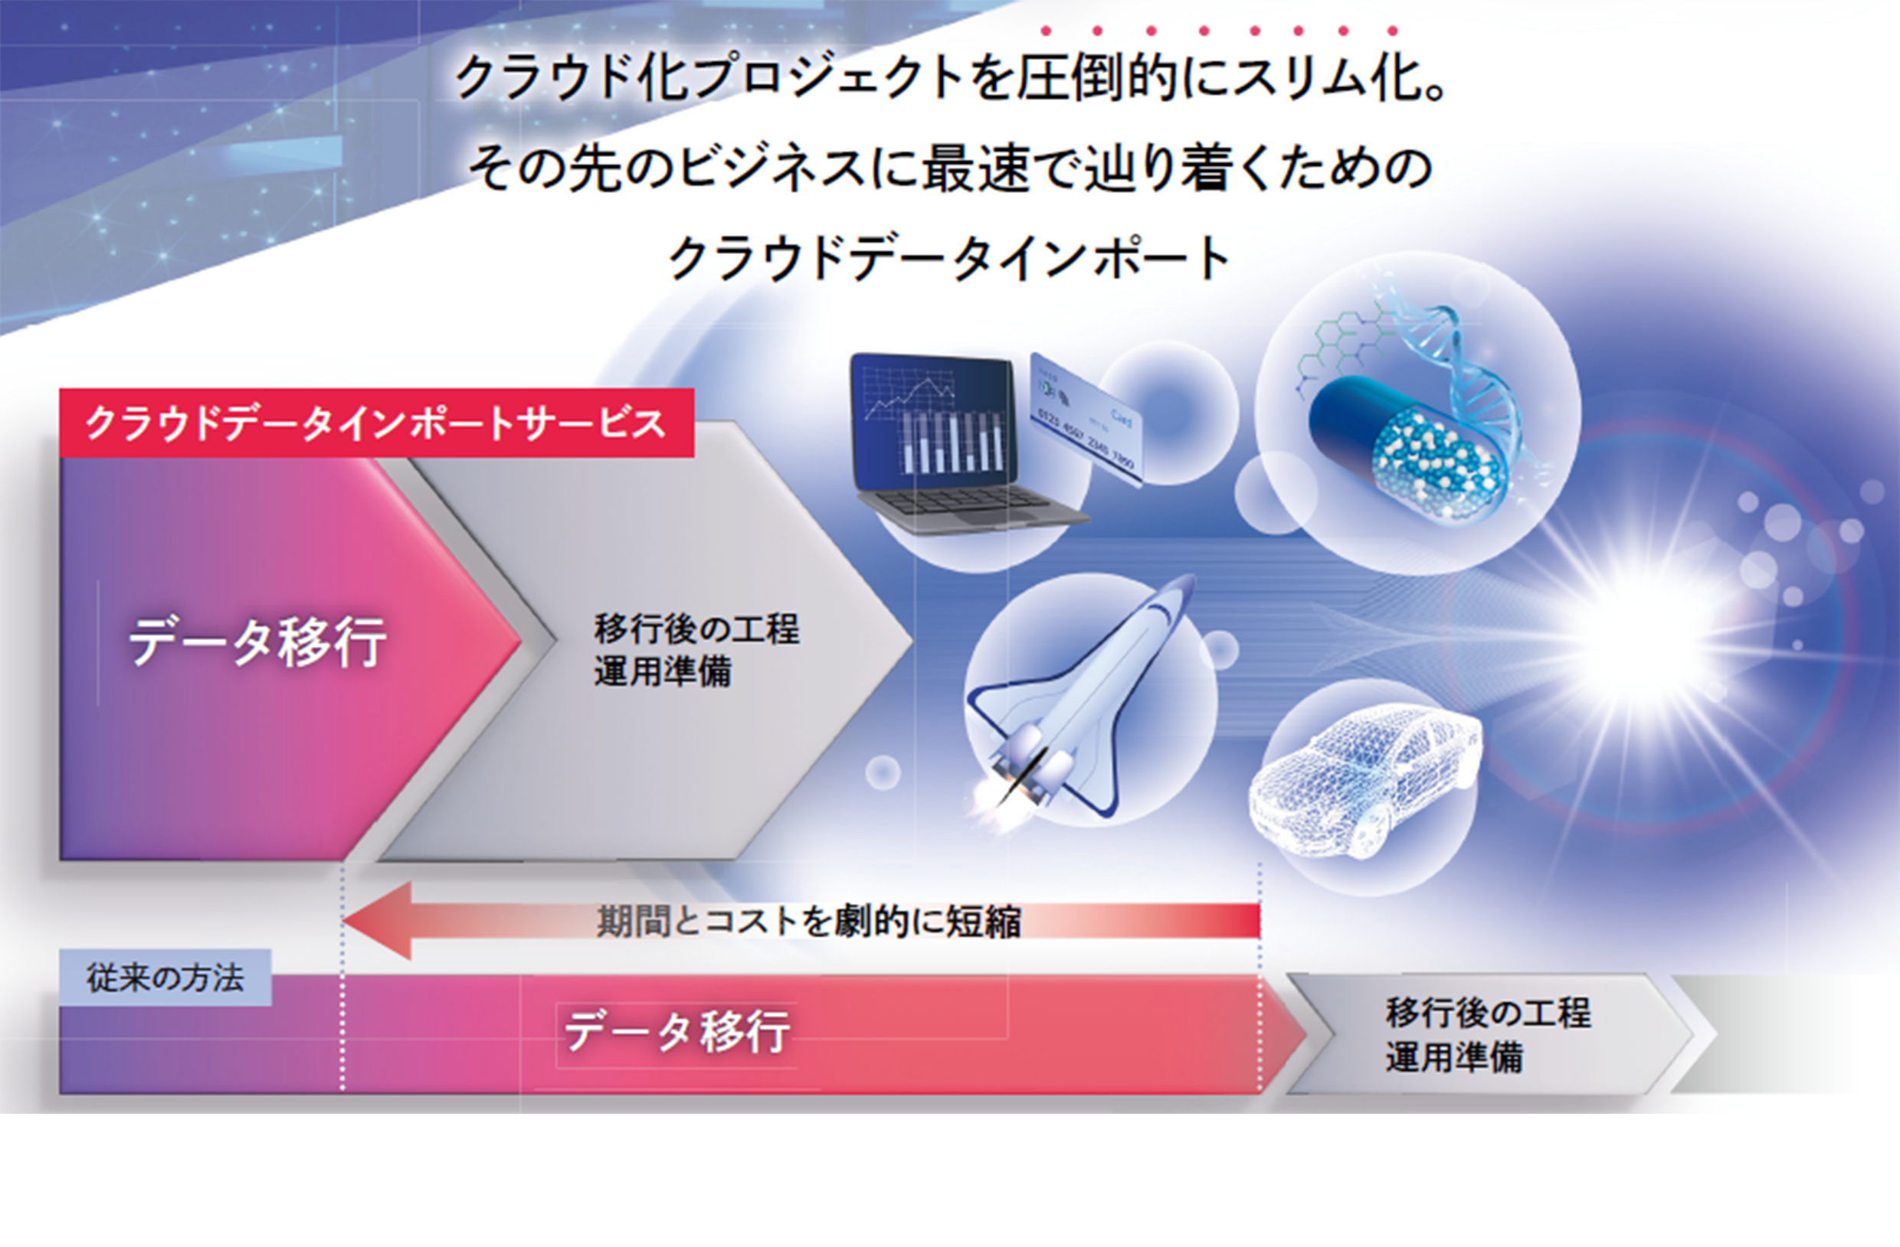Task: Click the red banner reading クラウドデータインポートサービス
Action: coord(376,423)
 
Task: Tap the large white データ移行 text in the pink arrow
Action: coord(258,641)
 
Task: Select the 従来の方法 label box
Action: coord(165,978)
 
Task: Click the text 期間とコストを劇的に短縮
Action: coord(809,922)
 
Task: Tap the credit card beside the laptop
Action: coord(1086,418)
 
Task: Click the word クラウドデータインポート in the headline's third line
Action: coord(949,259)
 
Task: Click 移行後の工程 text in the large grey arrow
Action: coord(696,628)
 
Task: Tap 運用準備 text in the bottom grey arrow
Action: coord(1454,1056)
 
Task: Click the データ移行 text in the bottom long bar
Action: coord(677,1031)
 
